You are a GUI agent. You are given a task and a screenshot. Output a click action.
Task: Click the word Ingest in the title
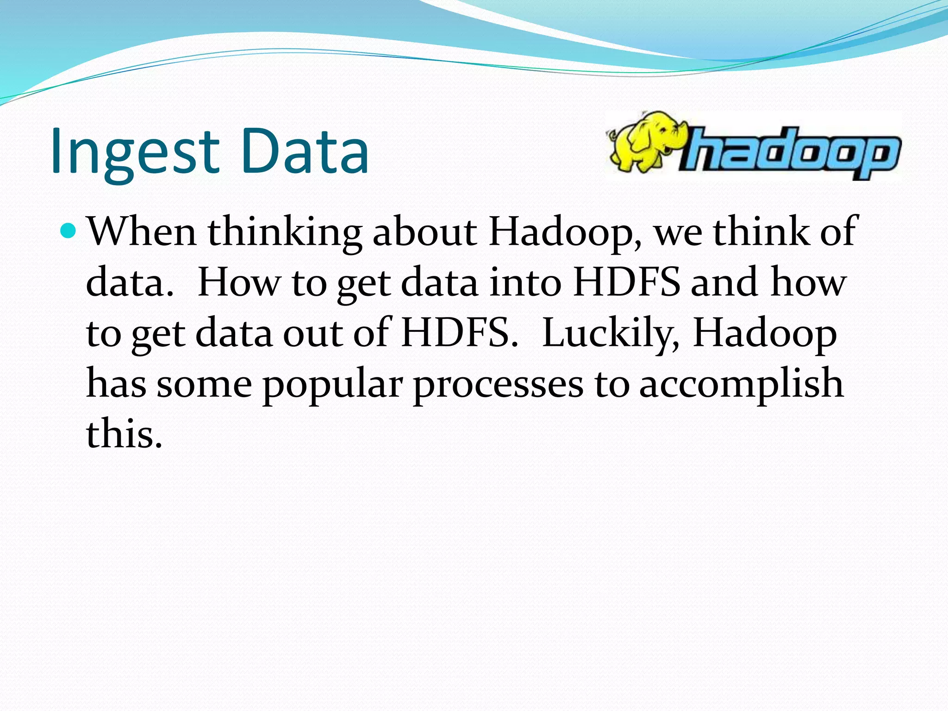(x=134, y=152)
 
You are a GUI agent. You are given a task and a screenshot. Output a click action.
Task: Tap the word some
(x=204, y=385)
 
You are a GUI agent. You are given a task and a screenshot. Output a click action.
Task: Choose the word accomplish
(x=741, y=385)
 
